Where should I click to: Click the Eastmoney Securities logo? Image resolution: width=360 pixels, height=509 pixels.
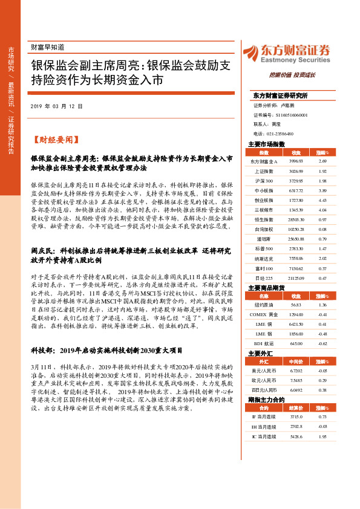286,53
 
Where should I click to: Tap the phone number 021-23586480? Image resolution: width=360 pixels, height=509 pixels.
279,134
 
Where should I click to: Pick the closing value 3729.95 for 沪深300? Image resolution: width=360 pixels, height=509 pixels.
296,181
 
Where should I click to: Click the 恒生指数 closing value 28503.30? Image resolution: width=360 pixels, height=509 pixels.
296,219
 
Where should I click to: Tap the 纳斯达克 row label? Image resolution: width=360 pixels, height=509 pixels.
264,258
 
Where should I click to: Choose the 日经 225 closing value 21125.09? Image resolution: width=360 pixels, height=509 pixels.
296,277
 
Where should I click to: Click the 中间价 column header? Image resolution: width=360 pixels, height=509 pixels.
296,361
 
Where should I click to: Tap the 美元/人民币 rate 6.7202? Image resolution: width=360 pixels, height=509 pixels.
296,371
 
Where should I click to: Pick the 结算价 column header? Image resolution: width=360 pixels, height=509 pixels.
296,407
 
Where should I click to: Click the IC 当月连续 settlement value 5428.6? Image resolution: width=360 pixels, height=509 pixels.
296,436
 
